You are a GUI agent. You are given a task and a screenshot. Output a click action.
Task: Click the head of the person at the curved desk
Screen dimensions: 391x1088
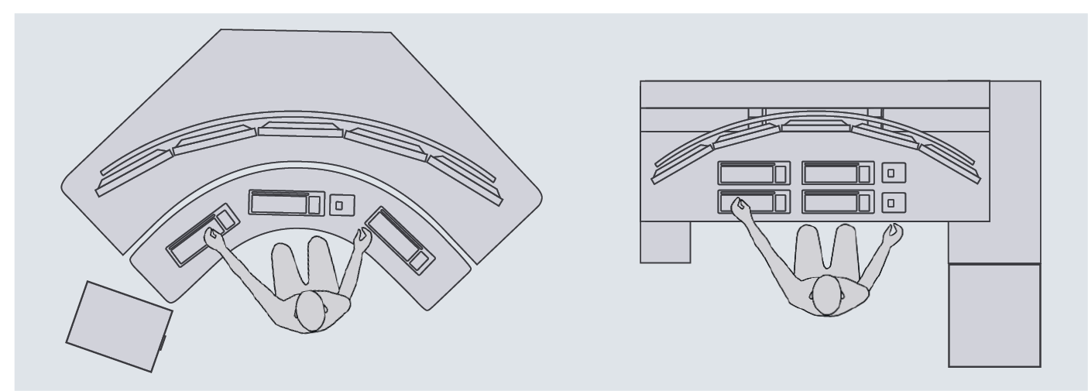311,310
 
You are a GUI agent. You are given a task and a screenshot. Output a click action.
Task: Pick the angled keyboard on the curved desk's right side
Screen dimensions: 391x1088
398,238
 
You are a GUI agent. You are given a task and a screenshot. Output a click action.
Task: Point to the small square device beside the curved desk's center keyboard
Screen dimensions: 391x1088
342,205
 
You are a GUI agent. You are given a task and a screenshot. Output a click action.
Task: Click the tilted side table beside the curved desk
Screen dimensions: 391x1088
118,326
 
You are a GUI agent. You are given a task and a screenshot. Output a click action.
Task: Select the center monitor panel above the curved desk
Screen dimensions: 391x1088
300,129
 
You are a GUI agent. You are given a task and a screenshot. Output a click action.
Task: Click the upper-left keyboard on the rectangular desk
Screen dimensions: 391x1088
753,173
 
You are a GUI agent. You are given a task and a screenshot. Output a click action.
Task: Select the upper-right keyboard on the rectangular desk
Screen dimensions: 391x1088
837,173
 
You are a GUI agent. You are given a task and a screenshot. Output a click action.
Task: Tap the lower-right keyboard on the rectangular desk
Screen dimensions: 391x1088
837,201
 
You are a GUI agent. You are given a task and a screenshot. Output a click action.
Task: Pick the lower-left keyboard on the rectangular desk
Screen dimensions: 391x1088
753,201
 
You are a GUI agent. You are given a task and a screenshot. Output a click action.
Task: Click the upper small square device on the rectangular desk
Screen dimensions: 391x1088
894,173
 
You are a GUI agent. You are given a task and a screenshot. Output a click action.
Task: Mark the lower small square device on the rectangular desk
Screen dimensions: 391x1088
894,202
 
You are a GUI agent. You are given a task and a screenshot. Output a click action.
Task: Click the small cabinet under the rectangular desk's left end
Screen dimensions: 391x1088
665,241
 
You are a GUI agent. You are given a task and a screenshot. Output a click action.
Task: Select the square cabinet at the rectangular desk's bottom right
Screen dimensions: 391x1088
994,314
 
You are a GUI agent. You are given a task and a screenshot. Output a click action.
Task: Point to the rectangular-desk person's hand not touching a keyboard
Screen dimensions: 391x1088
894,234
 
